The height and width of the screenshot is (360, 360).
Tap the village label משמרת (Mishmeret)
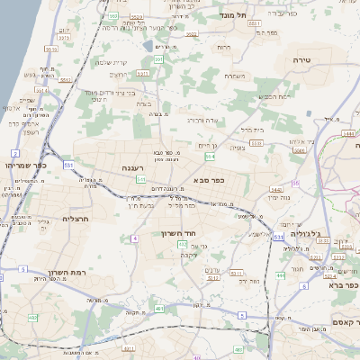pyautogui.click(x=236, y=76)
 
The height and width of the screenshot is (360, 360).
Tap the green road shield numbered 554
pyautogui.click(x=209, y=157)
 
